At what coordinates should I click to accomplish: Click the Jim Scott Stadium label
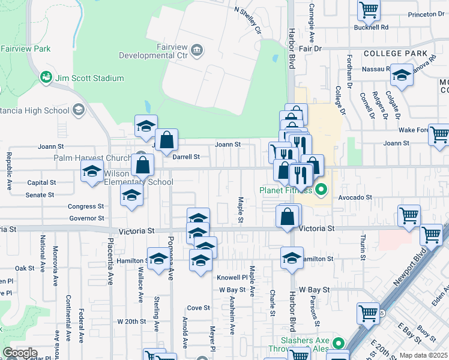[x=89, y=78]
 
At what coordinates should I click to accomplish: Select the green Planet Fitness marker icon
[x=321, y=191]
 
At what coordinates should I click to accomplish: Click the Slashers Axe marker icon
[x=339, y=344]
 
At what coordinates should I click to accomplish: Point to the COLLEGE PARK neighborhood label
[x=395, y=53]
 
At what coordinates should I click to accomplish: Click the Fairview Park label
[x=25, y=49]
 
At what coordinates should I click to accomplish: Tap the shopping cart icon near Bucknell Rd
[x=369, y=10]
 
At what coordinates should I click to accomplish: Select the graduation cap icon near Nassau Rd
[x=402, y=74]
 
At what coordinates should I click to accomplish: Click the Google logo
[x=20, y=353]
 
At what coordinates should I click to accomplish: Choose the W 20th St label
[x=132, y=322]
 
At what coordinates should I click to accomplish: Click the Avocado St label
[x=355, y=197]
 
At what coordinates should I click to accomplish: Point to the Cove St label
[x=199, y=308]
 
